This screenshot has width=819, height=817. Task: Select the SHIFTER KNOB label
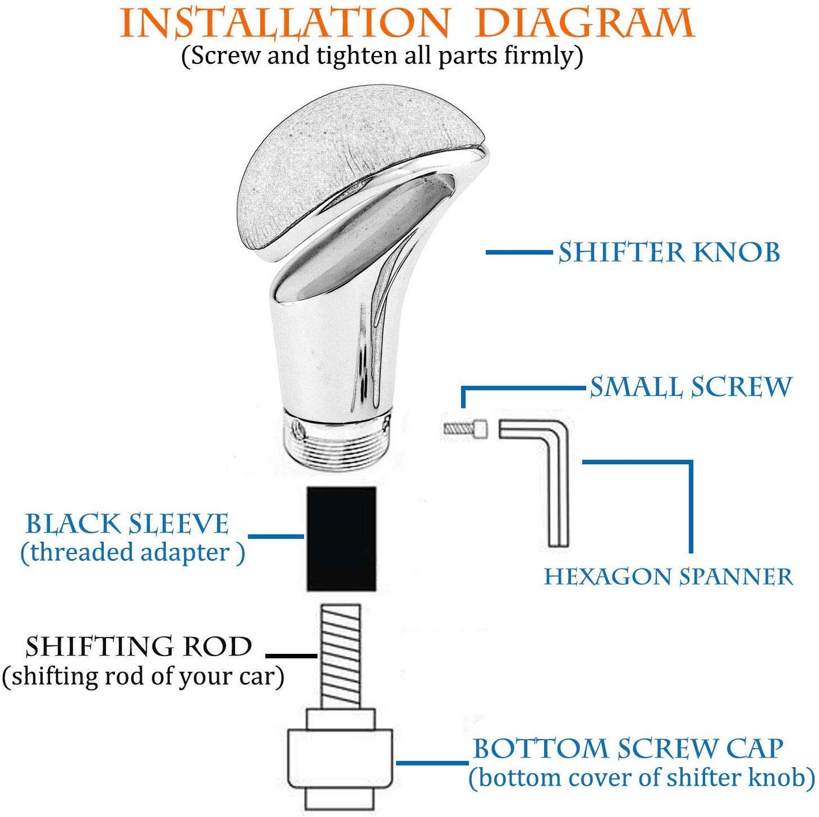(x=669, y=252)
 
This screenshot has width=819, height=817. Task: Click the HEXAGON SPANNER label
(x=669, y=577)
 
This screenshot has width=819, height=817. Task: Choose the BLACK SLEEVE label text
(x=127, y=524)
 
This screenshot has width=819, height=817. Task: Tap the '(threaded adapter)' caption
(x=133, y=552)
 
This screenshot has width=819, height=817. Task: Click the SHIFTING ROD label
(x=139, y=646)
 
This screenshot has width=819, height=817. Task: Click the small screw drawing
(x=465, y=428)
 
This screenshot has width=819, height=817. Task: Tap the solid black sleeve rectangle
(x=342, y=539)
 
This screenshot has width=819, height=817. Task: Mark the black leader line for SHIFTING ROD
(x=291, y=656)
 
